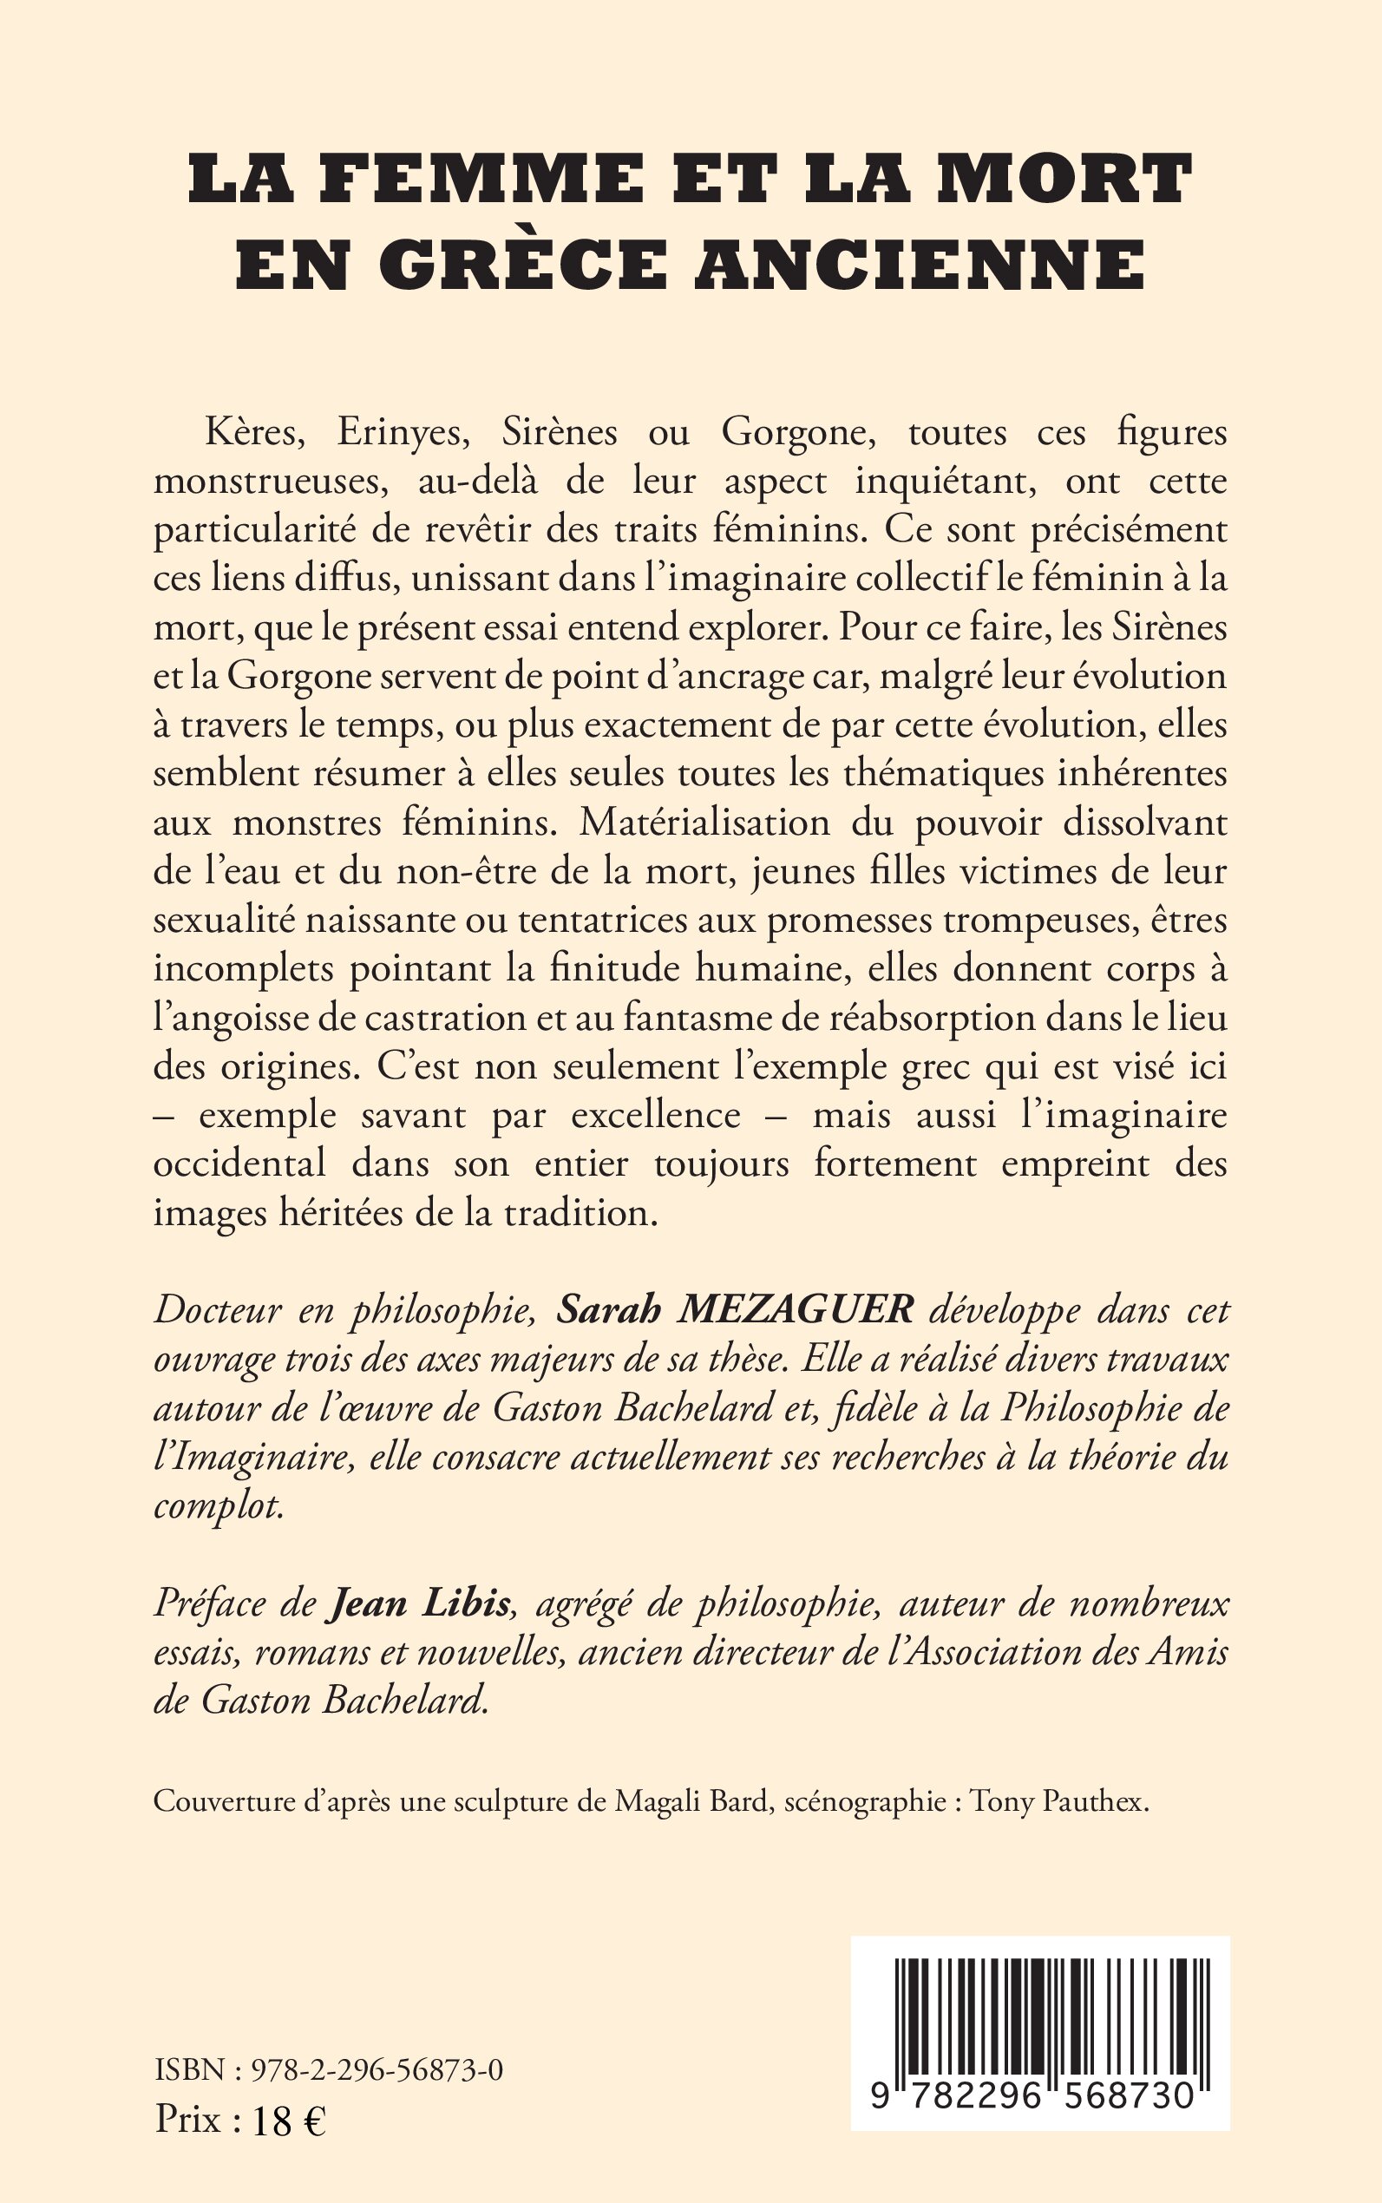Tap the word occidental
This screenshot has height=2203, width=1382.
click(x=239, y=1164)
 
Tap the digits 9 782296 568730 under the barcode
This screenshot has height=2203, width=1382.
click(x=1034, y=2095)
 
